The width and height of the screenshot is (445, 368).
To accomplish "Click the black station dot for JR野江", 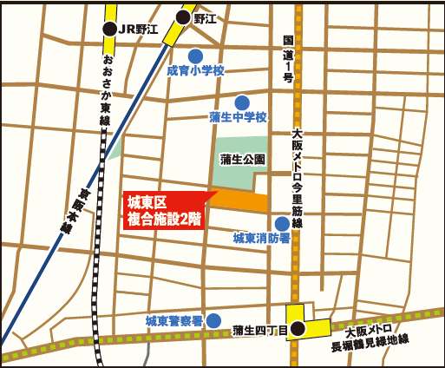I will [x=109, y=30].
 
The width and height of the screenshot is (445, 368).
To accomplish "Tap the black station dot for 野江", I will [x=184, y=17].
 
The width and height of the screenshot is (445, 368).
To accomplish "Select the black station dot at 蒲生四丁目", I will [x=298, y=328].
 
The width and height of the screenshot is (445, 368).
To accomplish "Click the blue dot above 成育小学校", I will [x=196, y=56].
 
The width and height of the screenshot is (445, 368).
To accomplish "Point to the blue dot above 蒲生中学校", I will [x=241, y=102].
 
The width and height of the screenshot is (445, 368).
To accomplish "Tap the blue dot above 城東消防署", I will [x=281, y=223].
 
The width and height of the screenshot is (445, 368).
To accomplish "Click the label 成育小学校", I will [x=195, y=71].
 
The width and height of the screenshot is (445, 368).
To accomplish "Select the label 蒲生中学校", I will [x=238, y=117].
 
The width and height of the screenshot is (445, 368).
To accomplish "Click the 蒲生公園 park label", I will [x=242, y=159].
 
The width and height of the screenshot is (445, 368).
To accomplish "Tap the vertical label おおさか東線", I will [x=106, y=88].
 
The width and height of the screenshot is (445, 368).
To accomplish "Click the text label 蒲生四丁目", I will [x=258, y=330].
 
